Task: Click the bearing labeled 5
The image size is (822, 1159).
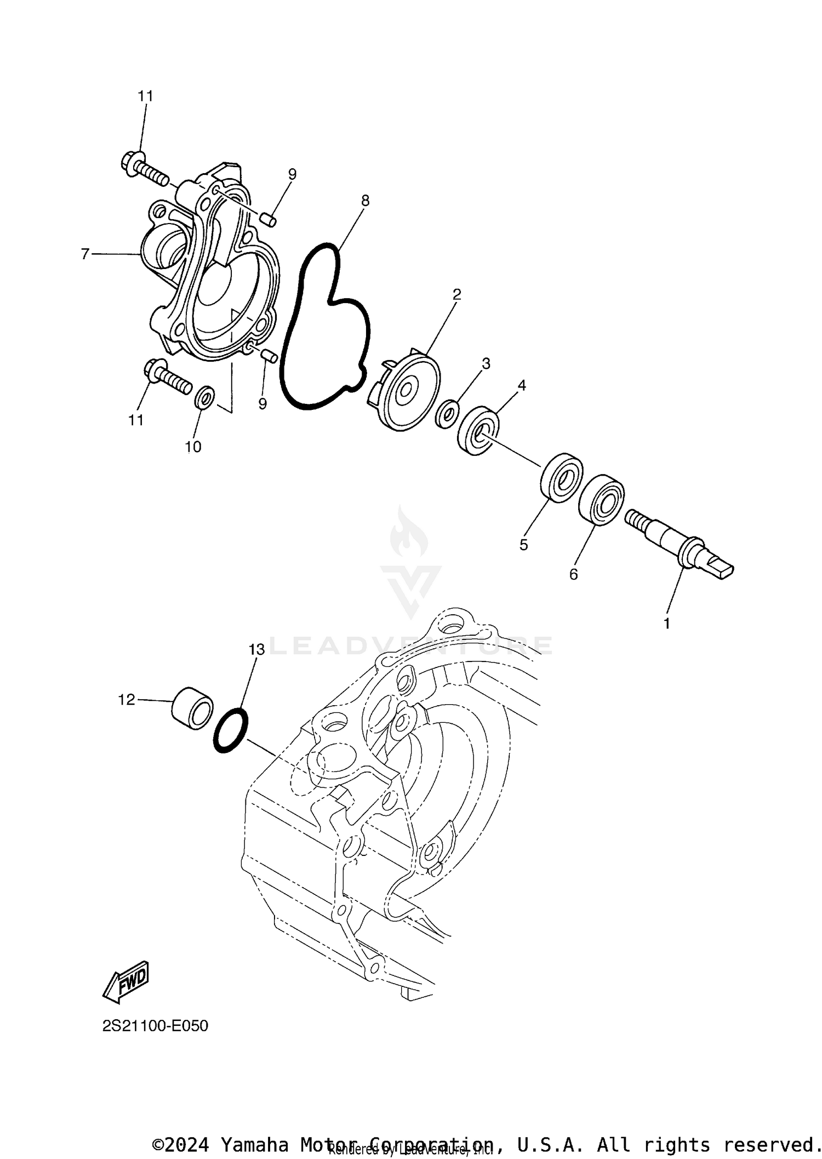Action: tap(562, 477)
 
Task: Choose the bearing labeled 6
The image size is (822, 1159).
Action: tap(602, 500)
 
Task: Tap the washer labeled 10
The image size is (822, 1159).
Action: tap(204, 397)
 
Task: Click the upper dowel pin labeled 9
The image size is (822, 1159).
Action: tap(268, 220)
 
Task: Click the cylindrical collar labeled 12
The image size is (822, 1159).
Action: tap(192, 708)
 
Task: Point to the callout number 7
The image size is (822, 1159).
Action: tap(85, 254)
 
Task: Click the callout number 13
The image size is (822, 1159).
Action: tap(256, 649)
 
